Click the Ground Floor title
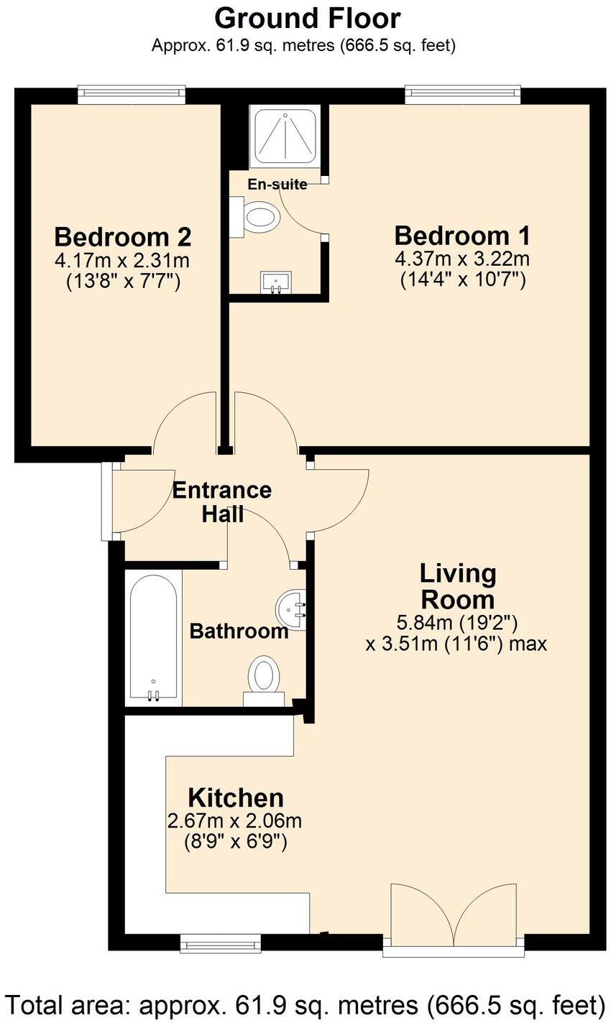tap(307, 18)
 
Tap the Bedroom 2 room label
tap(122, 236)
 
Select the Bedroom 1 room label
tap(462, 236)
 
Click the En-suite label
tap(277, 185)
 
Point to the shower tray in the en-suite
tap(285, 135)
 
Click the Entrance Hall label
tap(221, 501)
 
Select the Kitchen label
tap(235, 797)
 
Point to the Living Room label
tap(457, 586)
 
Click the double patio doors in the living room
tap(454, 923)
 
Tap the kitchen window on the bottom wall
tap(220, 943)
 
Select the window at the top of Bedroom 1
tap(462, 94)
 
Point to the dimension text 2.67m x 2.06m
tap(234, 821)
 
